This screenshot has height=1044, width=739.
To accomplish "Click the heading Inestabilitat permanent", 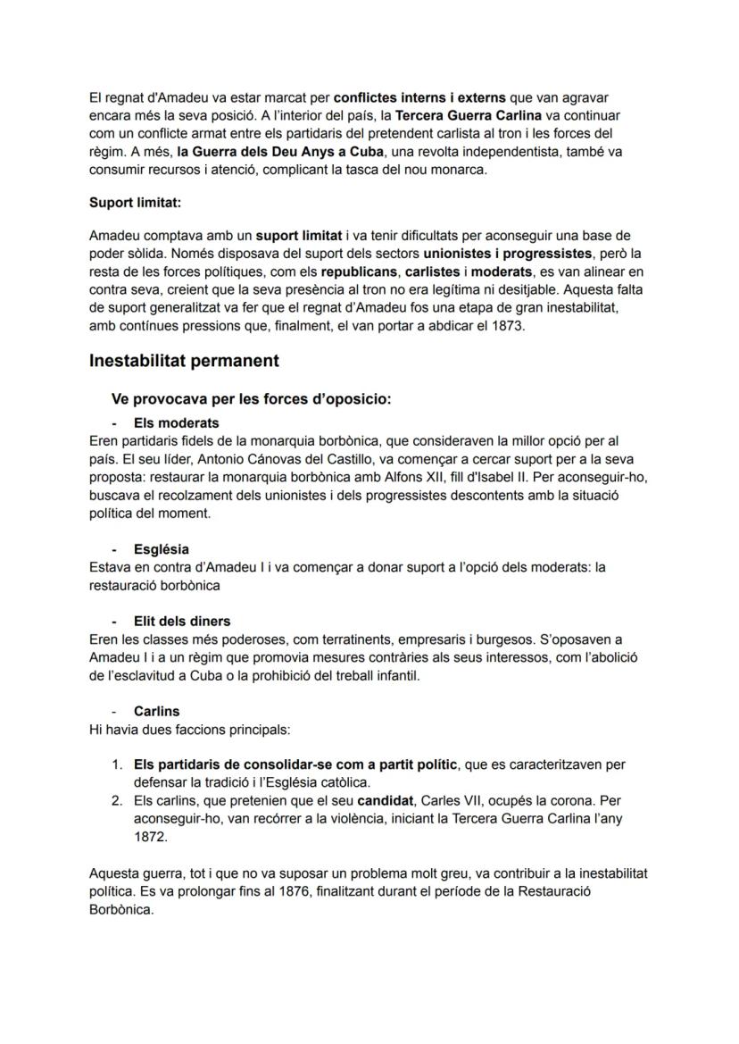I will [184, 361].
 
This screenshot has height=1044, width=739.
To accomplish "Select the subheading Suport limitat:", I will [135, 203].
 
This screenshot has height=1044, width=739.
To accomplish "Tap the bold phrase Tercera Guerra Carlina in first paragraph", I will [469, 117].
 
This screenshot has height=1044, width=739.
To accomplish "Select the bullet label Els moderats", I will [176, 422].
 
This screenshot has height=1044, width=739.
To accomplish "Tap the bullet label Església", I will [161, 549].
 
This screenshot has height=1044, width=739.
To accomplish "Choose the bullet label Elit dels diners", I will [181, 621].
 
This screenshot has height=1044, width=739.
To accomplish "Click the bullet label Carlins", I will [156, 712].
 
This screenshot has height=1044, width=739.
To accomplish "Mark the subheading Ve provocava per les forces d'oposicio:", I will [251, 399].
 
